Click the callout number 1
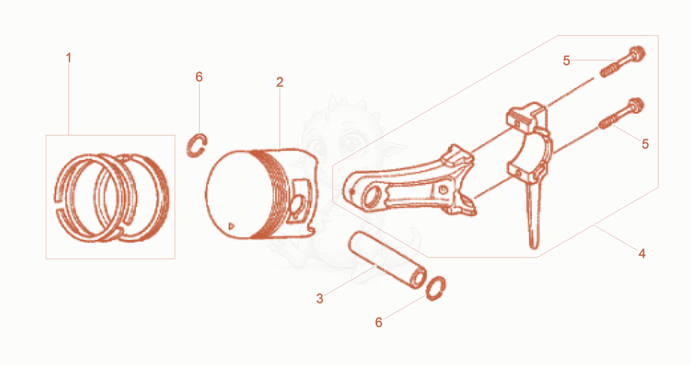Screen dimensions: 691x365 point(68,58)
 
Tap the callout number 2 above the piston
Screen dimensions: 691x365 point(280,82)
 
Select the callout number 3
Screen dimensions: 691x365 point(320,299)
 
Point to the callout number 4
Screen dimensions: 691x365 point(642,254)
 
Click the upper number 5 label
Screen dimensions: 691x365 point(567,61)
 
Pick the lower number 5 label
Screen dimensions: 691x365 point(645,144)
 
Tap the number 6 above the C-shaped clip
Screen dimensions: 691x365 point(199,77)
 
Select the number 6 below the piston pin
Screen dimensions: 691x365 point(378,323)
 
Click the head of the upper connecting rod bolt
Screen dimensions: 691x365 point(636,54)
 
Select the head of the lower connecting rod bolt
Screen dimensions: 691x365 point(635,105)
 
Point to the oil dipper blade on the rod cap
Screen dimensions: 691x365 point(533,212)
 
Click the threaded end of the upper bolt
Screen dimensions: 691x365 point(608,72)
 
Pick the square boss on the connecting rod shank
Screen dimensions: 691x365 point(442,190)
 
